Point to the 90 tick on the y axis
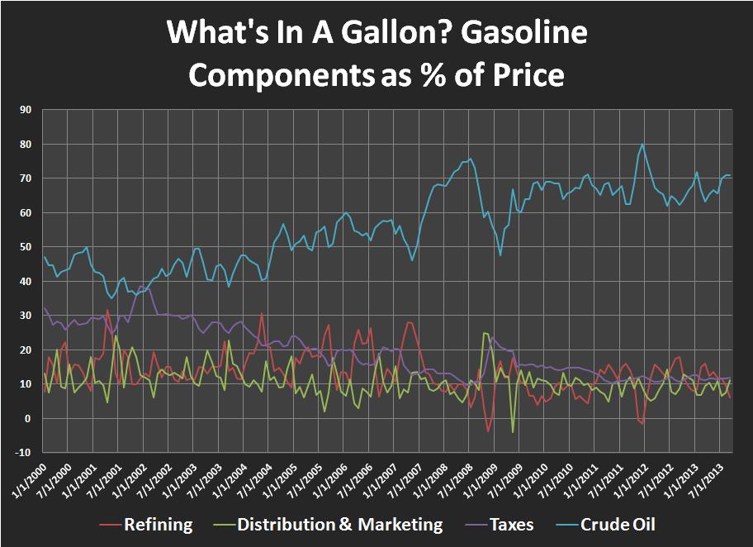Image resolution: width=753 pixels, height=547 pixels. tap(25, 109)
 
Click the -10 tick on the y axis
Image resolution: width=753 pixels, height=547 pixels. tap(22, 453)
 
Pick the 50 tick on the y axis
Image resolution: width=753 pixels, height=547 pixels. tap(25, 246)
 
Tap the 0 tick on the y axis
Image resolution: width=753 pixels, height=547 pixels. tap(28, 418)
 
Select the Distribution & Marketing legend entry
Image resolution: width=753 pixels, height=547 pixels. tap(339, 525)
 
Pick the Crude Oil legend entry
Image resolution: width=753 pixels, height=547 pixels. tap(618, 525)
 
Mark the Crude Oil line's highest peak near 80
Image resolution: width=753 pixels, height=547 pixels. tap(642, 145)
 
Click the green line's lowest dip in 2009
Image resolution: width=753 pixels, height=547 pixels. tap(513, 432)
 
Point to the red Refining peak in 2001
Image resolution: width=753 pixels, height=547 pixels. tap(108, 310)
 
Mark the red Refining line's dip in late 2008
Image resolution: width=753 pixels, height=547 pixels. tap(488, 431)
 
